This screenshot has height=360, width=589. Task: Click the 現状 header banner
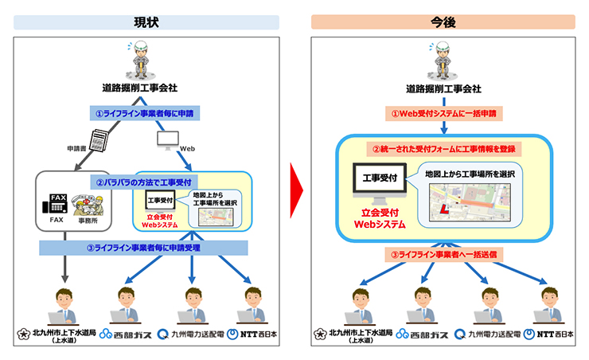tap(145, 22)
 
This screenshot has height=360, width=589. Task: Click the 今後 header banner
tap(443, 22)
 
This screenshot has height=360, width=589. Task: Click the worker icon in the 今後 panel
tap(443, 59)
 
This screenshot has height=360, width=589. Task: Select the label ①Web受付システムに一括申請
tap(443, 114)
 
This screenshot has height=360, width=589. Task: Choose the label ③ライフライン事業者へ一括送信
tap(443, 254)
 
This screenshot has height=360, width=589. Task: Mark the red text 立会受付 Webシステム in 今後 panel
tap(380, 219)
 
